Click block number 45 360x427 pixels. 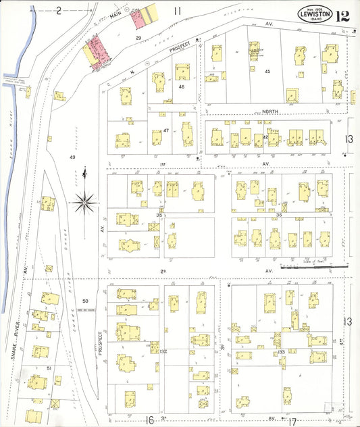[x=267, y=71]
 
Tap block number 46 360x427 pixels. [x=181, y=86]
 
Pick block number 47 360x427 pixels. [x=165, y=130]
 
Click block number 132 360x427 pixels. [x=163, y=352]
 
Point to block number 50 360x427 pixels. [x=85, y=300]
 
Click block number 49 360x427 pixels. [x=72, y=157]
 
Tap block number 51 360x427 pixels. [x=49, y=368]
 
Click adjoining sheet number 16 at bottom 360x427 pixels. [x=150, y=420]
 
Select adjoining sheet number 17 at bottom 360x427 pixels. [x=292, y=422]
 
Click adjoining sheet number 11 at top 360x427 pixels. [x=178, y=10]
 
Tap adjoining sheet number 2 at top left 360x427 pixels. [x=59, y=9]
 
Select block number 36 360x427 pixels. [x=278, y=215]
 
